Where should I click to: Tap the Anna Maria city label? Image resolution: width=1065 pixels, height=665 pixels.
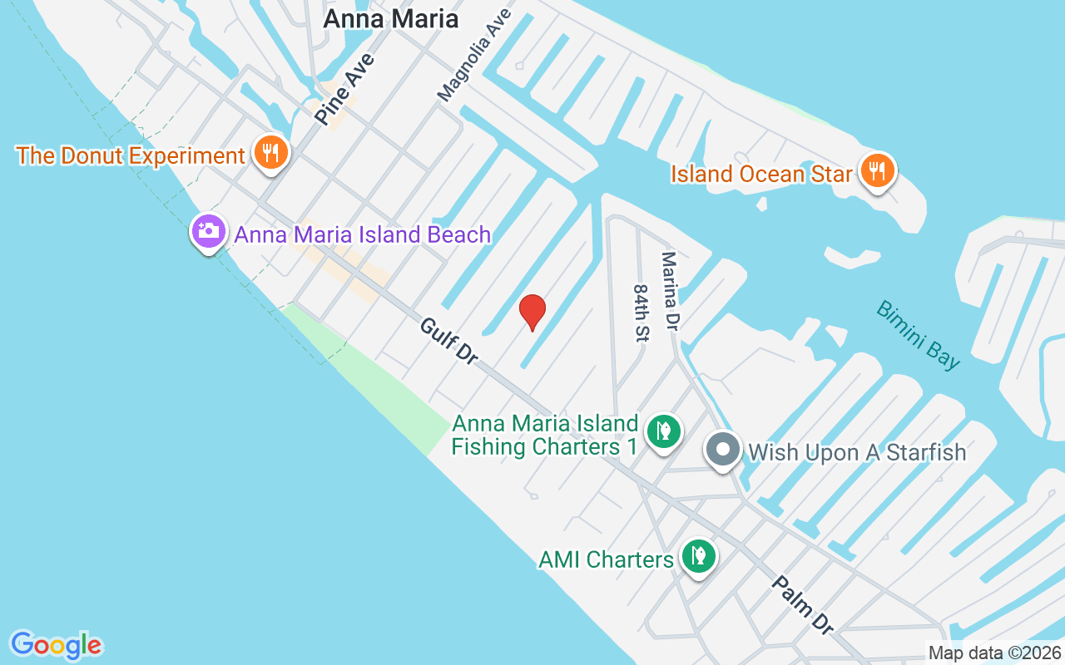[390, 18]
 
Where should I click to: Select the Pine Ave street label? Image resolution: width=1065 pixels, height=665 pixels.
[344, 91]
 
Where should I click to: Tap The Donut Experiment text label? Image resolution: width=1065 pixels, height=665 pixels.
[131, 155]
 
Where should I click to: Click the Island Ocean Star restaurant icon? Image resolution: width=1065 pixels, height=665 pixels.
[876, 171]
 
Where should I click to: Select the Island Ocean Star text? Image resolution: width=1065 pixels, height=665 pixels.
[761, 174]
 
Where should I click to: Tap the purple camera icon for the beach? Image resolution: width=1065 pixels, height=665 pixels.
[208, 231]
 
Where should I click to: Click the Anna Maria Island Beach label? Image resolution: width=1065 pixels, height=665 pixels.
[363, 234]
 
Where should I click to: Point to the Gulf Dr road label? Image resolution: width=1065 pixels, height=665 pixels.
[448, 341]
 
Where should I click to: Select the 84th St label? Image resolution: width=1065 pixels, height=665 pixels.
[641, 313]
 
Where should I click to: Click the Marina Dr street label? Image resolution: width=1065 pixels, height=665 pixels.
[671, 291]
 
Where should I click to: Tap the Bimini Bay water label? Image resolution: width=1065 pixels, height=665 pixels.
[918, 334]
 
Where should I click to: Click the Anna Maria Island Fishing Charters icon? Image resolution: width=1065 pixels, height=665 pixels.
[663, 431]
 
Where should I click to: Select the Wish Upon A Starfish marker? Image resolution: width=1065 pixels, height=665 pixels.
[723, 450]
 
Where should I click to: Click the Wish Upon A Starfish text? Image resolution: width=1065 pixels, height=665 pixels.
[857, 452]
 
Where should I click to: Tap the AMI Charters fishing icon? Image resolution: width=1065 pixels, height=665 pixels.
[699, 556]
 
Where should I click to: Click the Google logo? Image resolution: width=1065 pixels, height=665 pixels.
[56, 645]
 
